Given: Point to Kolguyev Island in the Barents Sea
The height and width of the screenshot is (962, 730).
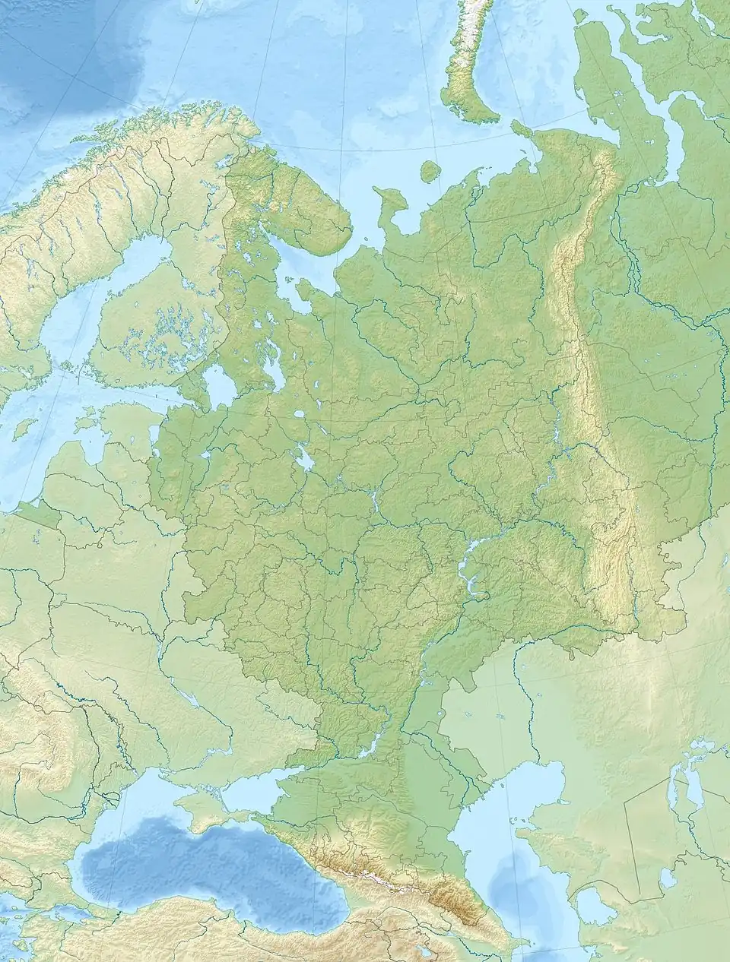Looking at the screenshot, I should point(430,171).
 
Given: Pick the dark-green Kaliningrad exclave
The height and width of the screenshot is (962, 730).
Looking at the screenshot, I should point(38,512).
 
